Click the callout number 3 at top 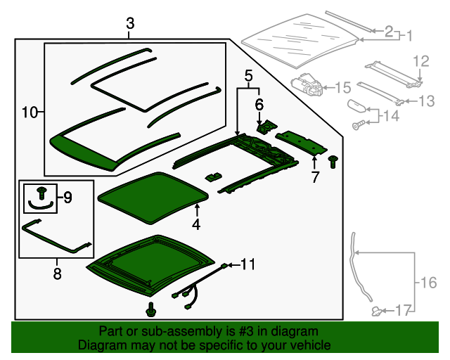130,23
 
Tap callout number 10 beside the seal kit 30,112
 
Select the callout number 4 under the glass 196,224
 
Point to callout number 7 315,177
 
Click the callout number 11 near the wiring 247,264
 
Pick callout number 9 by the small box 67,198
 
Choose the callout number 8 58,274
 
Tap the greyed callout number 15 343,88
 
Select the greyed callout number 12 421,61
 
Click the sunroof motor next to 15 307,84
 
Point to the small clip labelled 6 266,127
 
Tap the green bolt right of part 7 333,162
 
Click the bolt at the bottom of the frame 151,309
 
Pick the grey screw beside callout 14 359,125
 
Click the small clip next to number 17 377,311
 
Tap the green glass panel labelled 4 153,198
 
